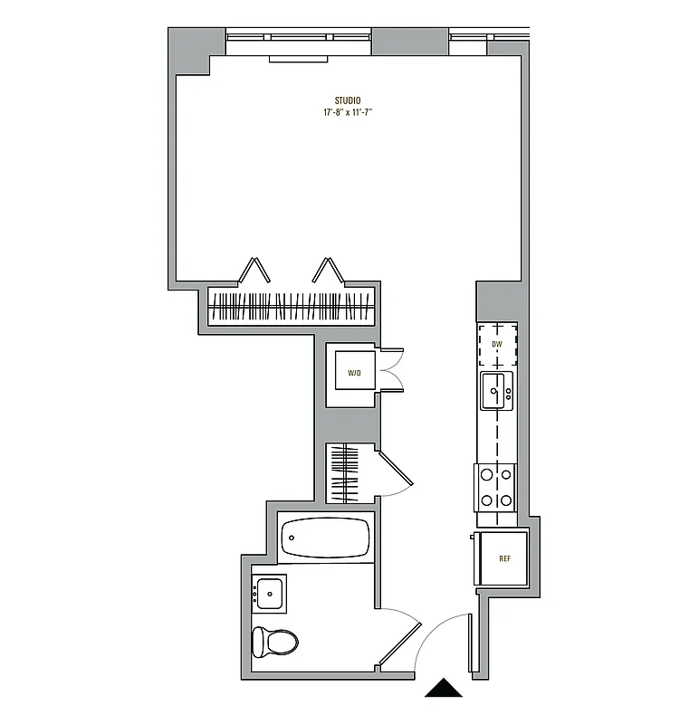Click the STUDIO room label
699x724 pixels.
[x=348, y=100]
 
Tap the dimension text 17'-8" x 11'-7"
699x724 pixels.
[x=348, y=113]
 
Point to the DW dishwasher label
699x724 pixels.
[x=496, y=345]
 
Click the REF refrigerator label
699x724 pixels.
[x=504, y=558]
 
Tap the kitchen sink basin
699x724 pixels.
[x=494, y=391]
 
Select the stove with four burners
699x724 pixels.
[x=496, y=487]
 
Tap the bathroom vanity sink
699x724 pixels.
[x=270, y=594]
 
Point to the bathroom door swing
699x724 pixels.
[x=398, y=637]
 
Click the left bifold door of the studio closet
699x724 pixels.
[x=254, y=271]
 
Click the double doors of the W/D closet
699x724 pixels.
[x=392, y=371]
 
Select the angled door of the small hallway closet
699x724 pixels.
[x=397, y=472]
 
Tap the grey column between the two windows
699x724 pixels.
[x=410, y=41]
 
